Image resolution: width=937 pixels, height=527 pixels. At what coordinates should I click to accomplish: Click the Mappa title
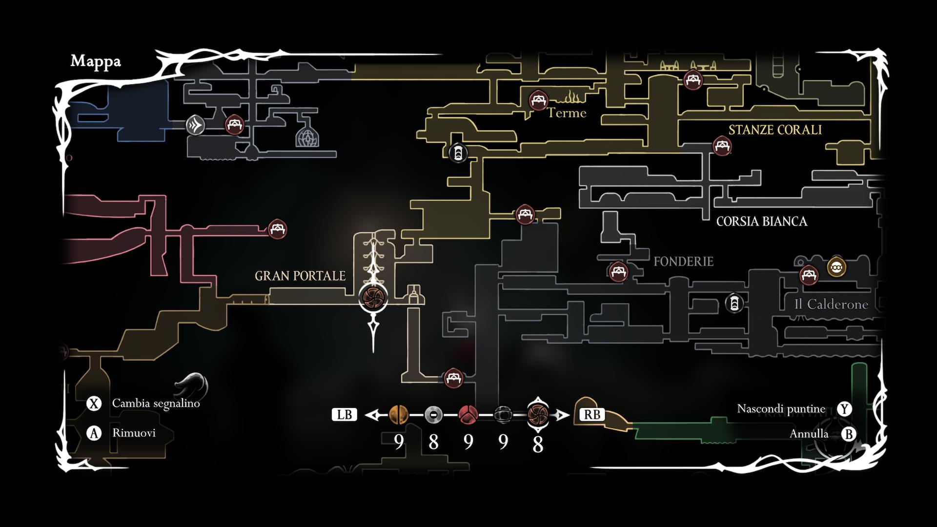point(96,61)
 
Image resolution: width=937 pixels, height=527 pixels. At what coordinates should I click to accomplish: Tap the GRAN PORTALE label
point(300,276)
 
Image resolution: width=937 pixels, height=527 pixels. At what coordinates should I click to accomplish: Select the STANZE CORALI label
point(775,130)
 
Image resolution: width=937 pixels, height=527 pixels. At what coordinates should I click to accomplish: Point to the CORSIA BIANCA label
point(761,222)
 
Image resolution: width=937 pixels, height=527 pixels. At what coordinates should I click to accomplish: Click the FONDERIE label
point(683,262)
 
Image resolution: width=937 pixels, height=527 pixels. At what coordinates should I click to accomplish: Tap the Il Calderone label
point(831,304)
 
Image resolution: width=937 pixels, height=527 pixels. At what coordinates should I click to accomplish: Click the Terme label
point(566,113)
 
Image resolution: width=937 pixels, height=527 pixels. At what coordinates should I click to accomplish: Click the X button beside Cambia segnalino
point(94,404)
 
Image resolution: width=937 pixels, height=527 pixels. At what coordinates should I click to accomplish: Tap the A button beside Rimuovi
point(94,433)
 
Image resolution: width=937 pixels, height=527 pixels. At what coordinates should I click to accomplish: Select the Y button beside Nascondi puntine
point(844,409)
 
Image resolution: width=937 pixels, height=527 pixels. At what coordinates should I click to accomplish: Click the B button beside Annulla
point(849,434)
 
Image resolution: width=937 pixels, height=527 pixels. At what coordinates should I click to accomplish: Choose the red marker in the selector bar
point(468,415)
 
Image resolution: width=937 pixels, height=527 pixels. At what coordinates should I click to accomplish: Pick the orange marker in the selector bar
point(399,415)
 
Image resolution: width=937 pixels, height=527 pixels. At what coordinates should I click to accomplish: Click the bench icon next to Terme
point(538,101)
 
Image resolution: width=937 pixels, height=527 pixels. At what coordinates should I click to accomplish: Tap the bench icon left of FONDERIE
point(618,271)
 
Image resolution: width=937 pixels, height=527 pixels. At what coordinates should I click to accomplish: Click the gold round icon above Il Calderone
point(836,267)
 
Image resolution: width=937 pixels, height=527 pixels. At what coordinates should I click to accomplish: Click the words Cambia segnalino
point(156,404)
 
